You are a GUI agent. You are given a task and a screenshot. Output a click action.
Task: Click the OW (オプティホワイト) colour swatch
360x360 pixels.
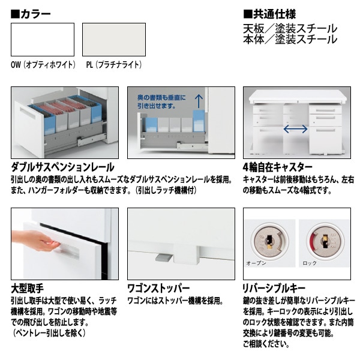coord(43,40)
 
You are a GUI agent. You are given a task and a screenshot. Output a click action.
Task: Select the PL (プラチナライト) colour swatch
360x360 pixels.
coord(114,40)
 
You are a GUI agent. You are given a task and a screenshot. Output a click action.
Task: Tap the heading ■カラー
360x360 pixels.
coord(31,14)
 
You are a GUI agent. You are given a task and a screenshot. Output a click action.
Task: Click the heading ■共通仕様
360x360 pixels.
coord(269,14)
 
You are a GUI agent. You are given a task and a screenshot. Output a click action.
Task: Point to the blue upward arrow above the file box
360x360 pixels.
coord(199,101)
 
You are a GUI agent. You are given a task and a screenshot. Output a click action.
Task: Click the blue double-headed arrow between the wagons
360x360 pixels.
coord(295,129)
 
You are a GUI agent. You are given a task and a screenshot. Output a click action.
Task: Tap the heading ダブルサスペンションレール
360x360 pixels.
coord(62,167)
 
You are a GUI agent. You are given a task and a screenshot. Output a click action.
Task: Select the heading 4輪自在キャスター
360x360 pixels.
coord(278,167)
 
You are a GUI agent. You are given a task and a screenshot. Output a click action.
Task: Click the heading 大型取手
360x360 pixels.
coord(27,289)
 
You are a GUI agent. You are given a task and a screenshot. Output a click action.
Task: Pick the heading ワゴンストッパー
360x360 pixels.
coord(158,289)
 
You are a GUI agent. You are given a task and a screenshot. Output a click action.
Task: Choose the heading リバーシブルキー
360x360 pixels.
coord(274,289)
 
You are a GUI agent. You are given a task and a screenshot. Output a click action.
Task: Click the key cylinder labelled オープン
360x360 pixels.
coord(269,241)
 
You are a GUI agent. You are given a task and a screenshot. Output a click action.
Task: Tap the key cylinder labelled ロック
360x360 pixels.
coord(324,241)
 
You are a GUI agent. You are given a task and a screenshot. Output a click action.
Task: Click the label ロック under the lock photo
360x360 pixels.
coord(310,263)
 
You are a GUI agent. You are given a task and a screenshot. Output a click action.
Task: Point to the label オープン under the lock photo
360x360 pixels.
coord(256,263)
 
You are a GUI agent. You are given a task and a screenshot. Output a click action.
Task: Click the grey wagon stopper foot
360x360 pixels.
coord(164,257)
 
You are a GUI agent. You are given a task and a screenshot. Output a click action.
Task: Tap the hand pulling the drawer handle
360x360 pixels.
coord(36,240)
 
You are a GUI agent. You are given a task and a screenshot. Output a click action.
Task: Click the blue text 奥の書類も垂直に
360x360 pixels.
coord(161,98)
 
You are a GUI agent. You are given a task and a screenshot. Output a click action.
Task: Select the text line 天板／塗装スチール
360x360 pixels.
coord(290,29)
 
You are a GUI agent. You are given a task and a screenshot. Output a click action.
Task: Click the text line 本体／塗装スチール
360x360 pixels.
coord(290,39)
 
